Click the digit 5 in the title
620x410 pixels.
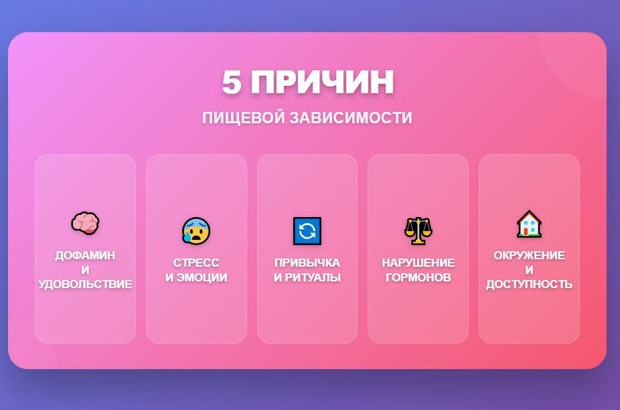click(x=232, y=83)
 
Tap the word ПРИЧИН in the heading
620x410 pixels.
click(x=323, y=83)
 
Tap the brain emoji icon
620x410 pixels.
click(x=85, y=223)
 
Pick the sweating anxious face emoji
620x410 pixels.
click(x=196, y=230)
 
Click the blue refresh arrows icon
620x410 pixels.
click(x=307, y=230)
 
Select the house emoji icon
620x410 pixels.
click(x=529, y=224)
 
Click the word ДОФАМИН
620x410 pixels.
click(x=85, y=255)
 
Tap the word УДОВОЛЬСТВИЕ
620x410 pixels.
click(x=85, y=284)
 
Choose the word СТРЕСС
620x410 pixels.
click(x=196, y=263)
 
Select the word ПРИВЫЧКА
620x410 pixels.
click(x=307, y=263)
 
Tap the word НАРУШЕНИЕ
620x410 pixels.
click(x=418, y=263)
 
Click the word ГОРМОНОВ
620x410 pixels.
click(x=418, y=277)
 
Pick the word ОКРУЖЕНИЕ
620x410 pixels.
click(x=529, y=255)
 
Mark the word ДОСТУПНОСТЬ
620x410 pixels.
click(x=529, y=284)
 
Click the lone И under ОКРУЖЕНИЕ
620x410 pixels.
click(x=529, y=270)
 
